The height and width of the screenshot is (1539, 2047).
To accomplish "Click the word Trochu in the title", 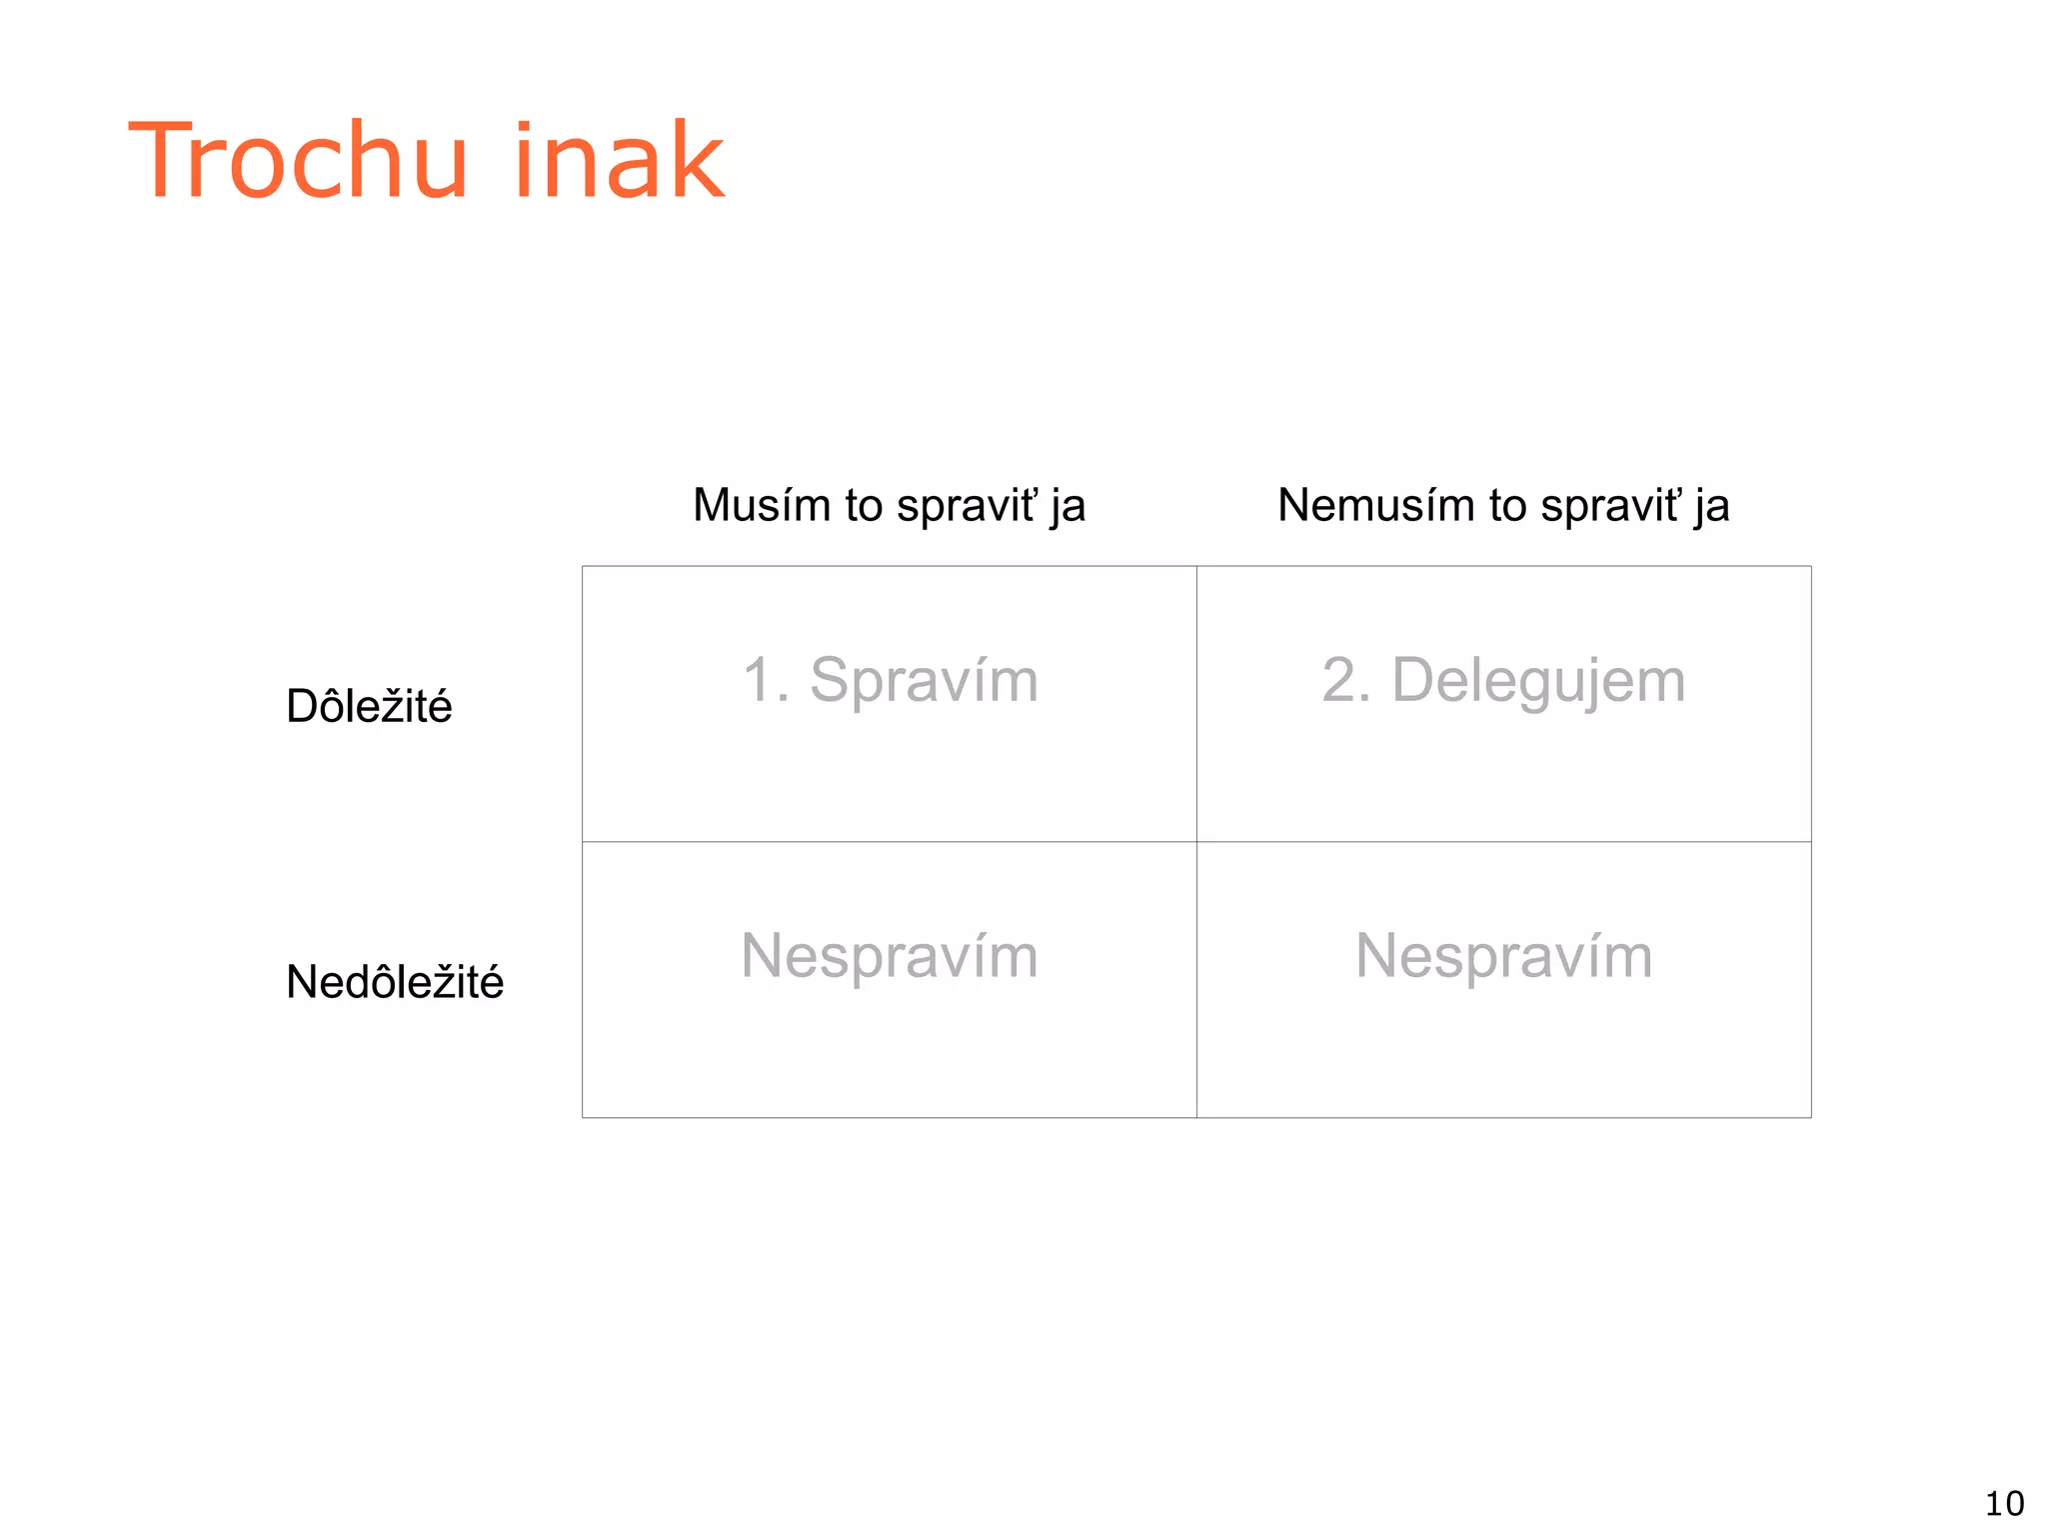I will (298, 161).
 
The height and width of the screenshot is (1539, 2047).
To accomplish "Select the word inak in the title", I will (619, 161).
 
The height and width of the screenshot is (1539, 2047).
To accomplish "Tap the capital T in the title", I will (168, 161).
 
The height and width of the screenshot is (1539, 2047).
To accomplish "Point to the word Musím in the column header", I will (762, 505).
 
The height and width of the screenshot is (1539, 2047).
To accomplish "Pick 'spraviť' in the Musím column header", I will (967, 506).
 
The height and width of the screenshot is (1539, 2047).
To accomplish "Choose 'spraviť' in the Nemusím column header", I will (1610, 506).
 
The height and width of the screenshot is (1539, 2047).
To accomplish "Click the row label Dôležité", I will (369, 706).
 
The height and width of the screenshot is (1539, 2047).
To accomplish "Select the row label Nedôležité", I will (395, 982).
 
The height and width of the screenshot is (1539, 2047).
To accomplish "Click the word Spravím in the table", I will (924, 681).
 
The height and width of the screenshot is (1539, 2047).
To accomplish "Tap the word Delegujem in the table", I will (1538, 681).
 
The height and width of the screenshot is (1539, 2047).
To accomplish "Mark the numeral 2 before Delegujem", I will (1339, 681).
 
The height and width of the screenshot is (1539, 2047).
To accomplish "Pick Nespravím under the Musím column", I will (889, 956).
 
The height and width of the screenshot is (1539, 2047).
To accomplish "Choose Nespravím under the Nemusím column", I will (1503, 956).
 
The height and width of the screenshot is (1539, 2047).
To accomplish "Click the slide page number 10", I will (2004, 1504).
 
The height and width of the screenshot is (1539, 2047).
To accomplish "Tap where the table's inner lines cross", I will (1196, 842).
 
